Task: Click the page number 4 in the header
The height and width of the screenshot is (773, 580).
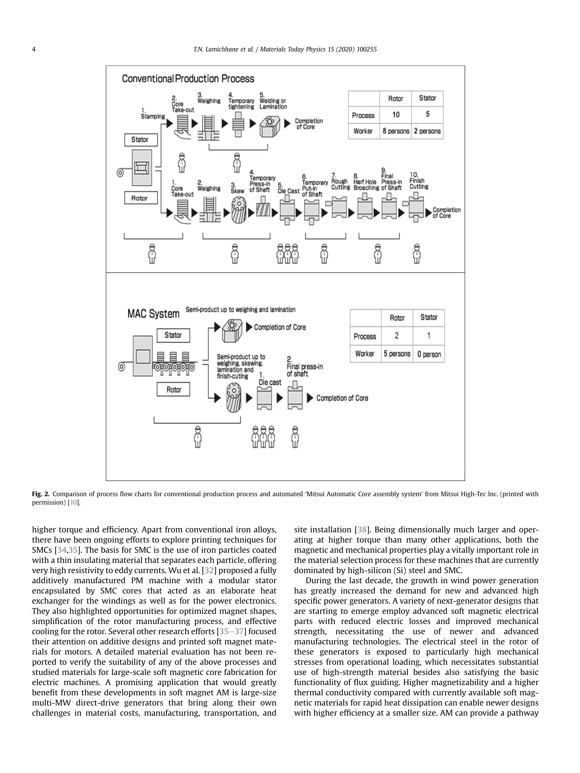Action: tap(34, 49)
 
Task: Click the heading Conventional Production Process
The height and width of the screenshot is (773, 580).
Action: tap(188, 79)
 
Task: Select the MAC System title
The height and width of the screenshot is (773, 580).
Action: tap(153, 313)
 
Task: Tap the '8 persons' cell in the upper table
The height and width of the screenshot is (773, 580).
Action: tap(396, 131)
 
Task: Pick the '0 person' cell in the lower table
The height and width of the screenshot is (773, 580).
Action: tap(429, 354)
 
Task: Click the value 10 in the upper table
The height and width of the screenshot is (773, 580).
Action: tap(396, 115)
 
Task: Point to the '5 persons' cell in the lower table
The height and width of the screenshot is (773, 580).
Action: tap(397, 354)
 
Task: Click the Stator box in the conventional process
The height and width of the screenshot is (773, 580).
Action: tap(141, 140)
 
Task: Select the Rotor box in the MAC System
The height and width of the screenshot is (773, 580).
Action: tap(173, 390)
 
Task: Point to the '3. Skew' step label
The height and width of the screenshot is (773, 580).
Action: tap(237, 188)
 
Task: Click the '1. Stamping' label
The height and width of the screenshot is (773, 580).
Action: tap(152, 114)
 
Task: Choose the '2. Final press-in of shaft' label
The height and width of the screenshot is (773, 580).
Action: tap(305, 367)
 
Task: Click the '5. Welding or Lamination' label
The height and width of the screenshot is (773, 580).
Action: tap(273, 101)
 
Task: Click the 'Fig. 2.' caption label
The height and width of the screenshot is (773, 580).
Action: tap(41, 494)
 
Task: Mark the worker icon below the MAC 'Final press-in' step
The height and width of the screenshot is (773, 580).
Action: tap(295, 437)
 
